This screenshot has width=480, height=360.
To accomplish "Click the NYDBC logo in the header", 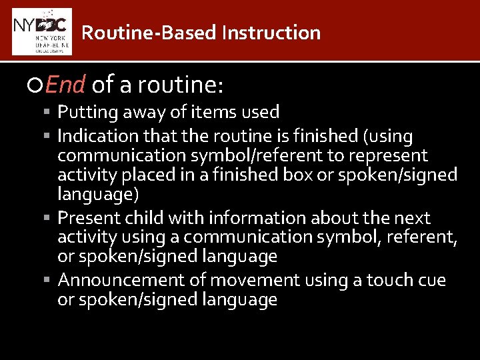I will [41, 31].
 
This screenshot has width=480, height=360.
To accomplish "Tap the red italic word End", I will [66, 85].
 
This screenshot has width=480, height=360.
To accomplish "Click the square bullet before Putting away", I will [51, 112].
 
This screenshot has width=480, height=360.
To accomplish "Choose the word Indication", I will [97, 136].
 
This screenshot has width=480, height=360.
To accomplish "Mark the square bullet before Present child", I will [51, 218].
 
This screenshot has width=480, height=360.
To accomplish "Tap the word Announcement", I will [114, 281].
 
